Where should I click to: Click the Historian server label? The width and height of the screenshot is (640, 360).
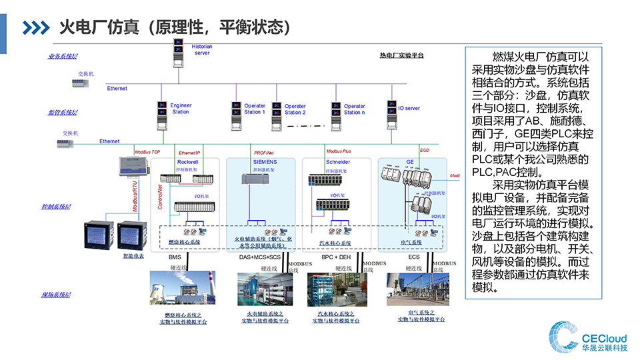(202, 49)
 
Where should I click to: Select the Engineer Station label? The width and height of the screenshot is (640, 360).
(181, 109)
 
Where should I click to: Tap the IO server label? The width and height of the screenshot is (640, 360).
(409, 108)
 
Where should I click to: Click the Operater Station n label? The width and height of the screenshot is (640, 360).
(354, 109)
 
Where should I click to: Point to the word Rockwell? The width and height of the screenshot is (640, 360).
(189, 162)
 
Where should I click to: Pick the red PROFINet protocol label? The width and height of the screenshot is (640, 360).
(265, 153)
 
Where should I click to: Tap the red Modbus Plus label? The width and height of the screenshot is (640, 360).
(339, 152)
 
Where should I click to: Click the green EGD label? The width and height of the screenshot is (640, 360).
(425, 151)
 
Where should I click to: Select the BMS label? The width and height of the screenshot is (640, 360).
(175, 257)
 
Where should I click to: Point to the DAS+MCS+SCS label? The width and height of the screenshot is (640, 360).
(259, 257)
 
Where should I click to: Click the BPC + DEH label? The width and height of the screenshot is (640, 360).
(336, 257)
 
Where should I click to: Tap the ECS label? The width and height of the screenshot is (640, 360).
(414, 257)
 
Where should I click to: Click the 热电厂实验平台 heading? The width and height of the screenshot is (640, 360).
(401, 55)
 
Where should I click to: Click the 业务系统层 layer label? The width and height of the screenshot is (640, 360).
(62, 56)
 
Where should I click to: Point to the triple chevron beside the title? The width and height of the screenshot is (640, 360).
(36, 27)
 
